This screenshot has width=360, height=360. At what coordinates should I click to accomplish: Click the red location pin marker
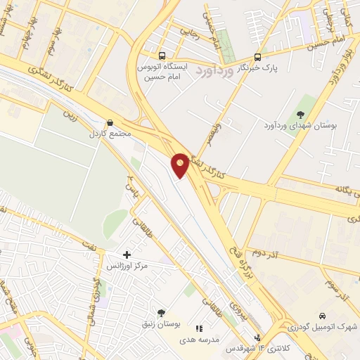(180, 165)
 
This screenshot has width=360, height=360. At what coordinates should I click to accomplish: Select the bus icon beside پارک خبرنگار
(257, 57)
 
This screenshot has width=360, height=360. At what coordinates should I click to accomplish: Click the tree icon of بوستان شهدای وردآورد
(301, 114)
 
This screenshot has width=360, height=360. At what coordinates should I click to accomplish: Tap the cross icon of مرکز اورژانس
(127, 254)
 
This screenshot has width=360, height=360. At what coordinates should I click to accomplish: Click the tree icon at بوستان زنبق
(161, 313)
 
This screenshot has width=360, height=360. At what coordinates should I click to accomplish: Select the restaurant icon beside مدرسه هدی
(199, 328)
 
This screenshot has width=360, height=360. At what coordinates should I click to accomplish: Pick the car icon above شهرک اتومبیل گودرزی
(322, 316)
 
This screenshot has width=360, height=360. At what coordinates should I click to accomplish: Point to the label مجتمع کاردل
(105, 133)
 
